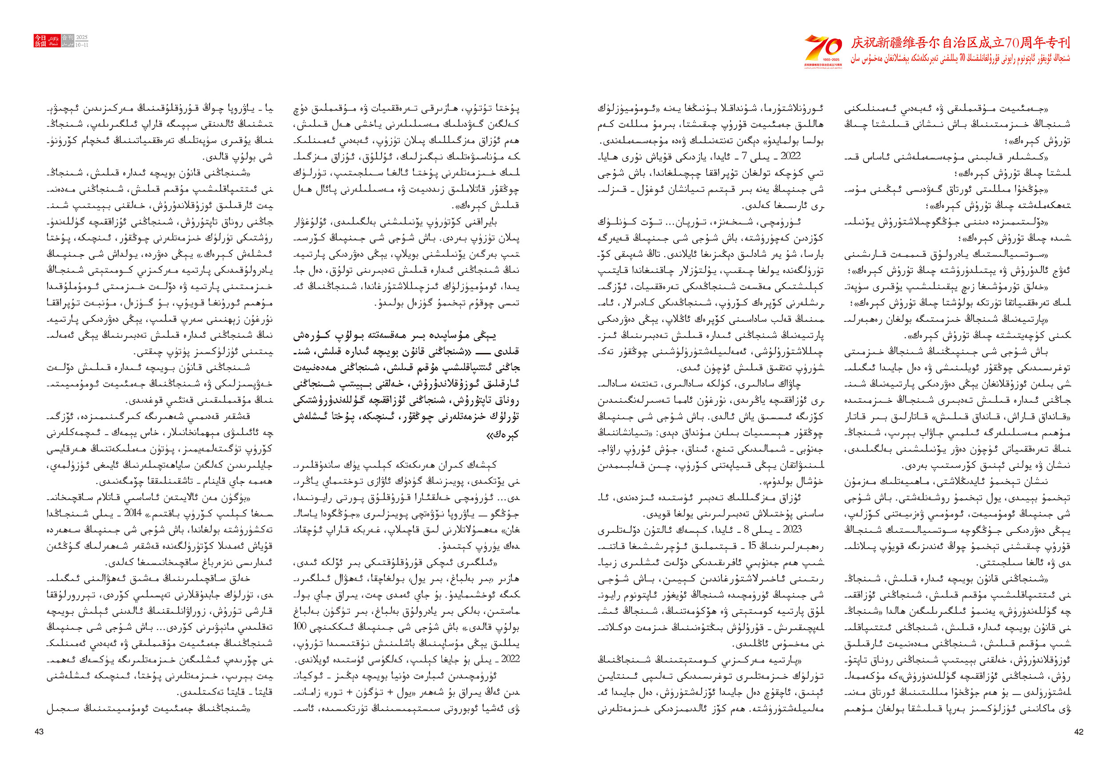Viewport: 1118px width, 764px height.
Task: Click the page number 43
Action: (39, 731)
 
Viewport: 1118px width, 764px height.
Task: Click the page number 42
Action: (1078, 731)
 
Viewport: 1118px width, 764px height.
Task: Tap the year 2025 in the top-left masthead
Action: (82, 37)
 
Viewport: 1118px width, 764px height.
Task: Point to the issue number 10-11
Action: (82, 44)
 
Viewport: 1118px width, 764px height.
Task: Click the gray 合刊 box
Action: (68, 37)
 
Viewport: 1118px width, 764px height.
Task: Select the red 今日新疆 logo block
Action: (40, 41)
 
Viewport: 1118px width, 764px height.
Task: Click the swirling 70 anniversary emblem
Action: (823, 47)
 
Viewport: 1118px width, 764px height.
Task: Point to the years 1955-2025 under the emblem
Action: (823, 60)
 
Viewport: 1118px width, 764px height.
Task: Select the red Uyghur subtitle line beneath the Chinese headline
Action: (960, 59)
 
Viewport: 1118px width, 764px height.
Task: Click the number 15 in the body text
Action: (751, 546)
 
